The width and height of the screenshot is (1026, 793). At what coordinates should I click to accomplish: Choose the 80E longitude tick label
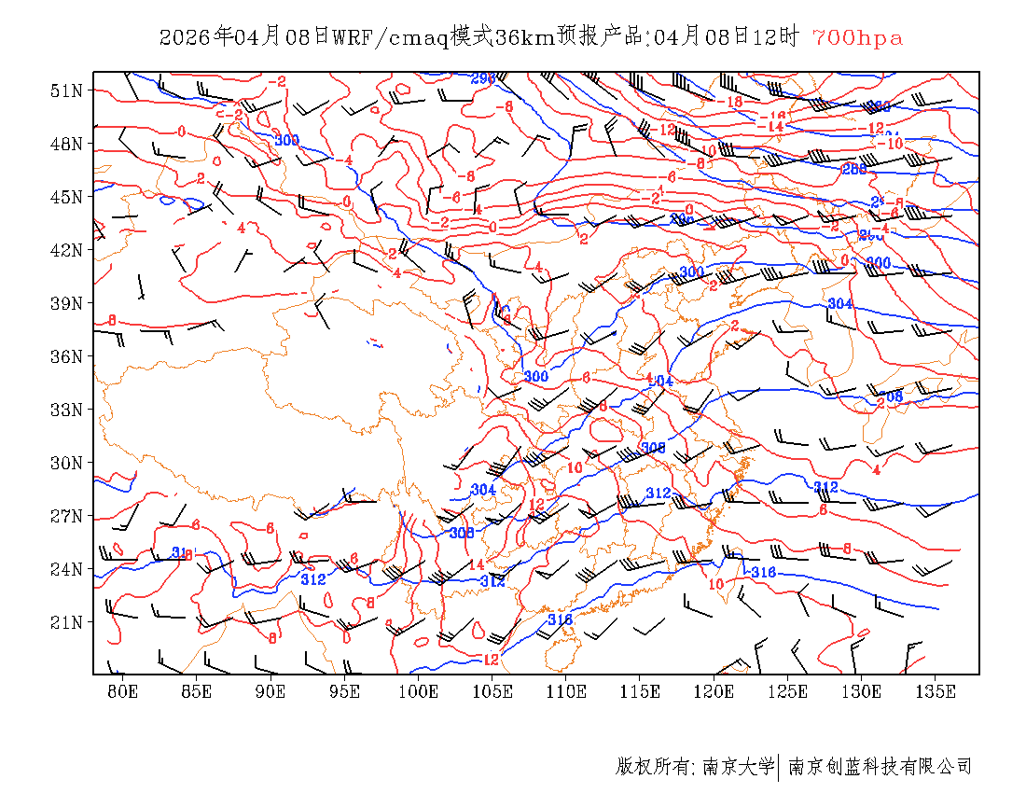tap(122, 691)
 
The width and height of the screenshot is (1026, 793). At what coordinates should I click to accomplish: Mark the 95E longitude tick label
tap(344, 691)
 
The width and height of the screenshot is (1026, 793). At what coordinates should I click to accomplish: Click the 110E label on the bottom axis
tap(566, 691)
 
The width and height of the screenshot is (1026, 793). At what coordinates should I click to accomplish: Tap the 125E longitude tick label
tap(788, 691)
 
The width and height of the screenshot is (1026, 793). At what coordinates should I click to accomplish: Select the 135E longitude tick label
tap(936, 691)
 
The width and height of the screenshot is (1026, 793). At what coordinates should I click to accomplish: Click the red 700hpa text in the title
tap(857, 37)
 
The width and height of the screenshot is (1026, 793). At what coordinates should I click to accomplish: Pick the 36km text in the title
tap(500, 37)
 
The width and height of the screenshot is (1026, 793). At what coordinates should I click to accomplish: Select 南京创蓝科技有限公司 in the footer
tap(880, 767)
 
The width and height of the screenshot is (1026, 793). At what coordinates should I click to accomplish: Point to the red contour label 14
tap(476, 564)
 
